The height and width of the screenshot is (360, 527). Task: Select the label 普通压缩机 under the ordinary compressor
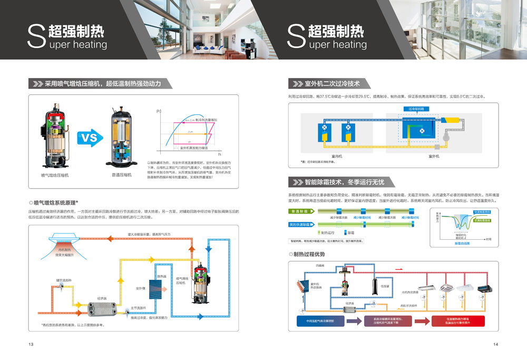click(x=122, y=174)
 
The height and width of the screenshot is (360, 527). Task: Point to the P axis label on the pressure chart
click(x=157, y=112)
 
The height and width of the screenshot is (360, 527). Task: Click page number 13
click(x=31, y=344)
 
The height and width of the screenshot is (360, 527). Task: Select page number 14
click(x=495, y=344)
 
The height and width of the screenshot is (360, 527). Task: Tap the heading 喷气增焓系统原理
click(x=56, y=202)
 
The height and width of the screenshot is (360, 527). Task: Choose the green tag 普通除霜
click(x=299, y=211)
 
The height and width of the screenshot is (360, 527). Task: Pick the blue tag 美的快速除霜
click(x=301, y=225)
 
